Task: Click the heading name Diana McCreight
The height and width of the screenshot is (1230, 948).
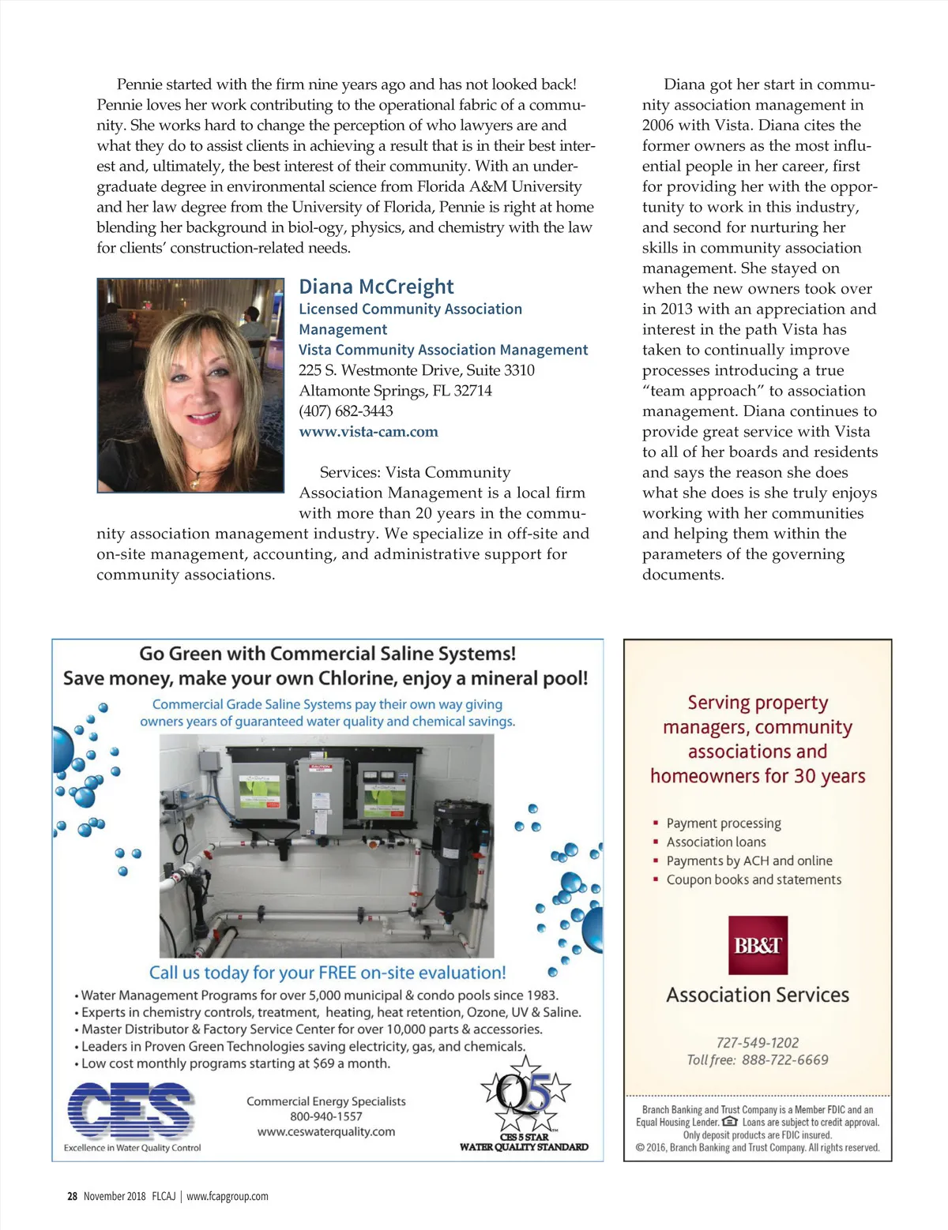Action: tap(376, 287)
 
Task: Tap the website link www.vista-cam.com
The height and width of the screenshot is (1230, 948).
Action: tap(368, 432)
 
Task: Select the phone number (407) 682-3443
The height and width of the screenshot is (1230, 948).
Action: tap(345, 411)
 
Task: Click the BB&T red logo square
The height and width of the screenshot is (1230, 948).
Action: tap(758, 945)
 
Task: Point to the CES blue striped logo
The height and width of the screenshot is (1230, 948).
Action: tap(130, 1110)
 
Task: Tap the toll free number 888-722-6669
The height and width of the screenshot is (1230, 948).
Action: tap(784, 1060)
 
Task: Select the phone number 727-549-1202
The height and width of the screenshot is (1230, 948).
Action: tap(757, 1043)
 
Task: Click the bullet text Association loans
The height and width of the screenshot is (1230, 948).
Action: tap(716, 842)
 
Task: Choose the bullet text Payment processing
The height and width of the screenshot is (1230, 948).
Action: tap(723, 823)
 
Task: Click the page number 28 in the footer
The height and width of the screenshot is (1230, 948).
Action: tap(72, 1197)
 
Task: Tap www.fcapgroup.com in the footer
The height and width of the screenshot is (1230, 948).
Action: tap(228, 1197)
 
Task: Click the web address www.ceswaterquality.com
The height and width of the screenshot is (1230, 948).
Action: tap(326, 1132)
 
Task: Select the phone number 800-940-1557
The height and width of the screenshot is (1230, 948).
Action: tap(325, 1117)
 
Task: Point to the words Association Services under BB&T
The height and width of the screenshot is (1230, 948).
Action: tap(757, 995)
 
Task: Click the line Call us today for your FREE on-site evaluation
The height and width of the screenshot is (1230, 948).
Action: tap(327, 973)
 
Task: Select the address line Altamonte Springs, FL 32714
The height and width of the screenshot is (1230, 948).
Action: tap(395, 391)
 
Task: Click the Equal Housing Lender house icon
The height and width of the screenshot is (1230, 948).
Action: tap(730, 1122)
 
